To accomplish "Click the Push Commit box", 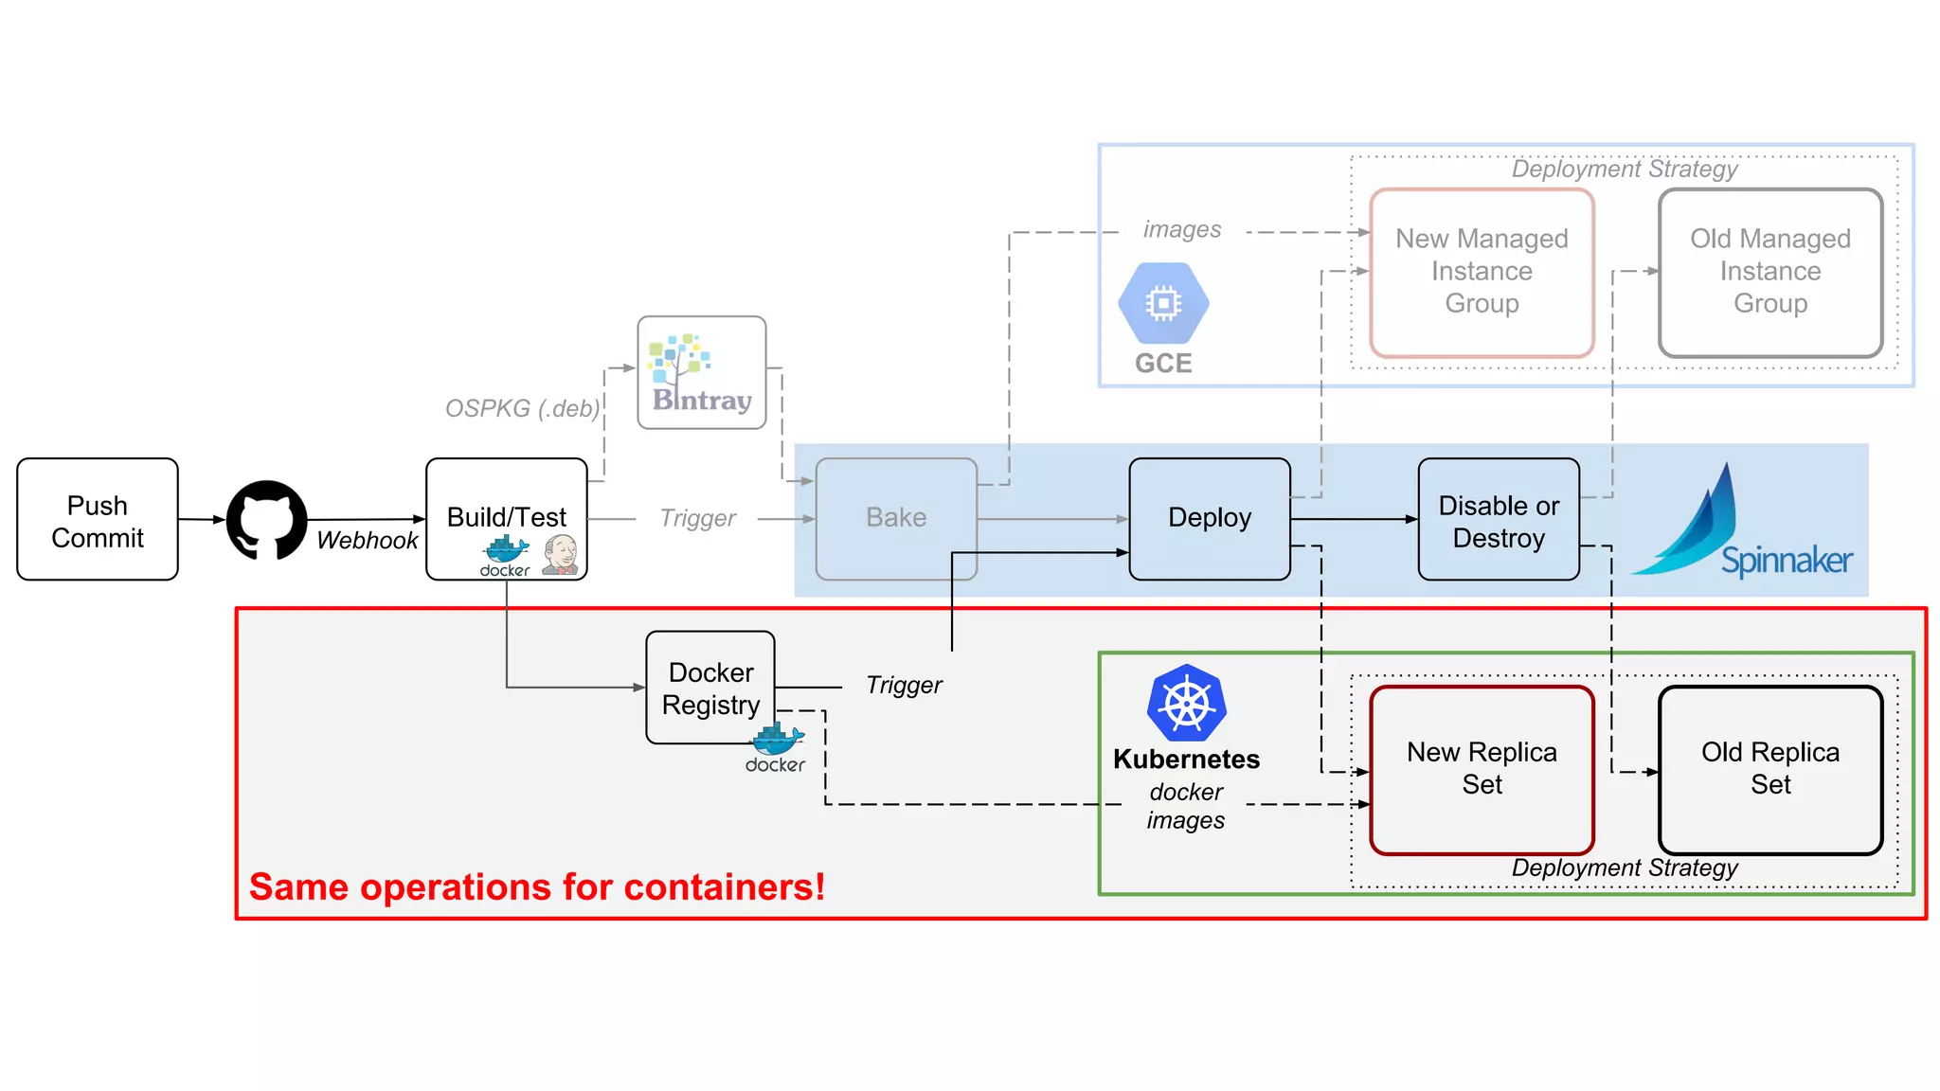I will (98, 520).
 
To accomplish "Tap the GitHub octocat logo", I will (266, 519).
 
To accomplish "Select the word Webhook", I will (368, 541).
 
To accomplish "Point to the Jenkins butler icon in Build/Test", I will (561, 555).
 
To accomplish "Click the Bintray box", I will (702, 373).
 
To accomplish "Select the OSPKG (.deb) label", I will (522, 408).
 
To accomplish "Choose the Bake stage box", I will (896, 518).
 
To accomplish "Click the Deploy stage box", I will (1210, 518).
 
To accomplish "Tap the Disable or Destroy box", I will (1499, 520).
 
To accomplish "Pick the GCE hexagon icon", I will (1163, 304).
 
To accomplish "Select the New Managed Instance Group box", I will (1482, 272).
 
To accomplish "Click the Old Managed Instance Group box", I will (1770, 272).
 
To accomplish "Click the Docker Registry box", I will (710, 688).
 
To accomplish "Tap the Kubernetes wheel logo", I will (1186, 703).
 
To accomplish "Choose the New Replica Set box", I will (1482, 769).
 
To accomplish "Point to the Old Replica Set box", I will (1770, 769).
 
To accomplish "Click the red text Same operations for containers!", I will (537, 887).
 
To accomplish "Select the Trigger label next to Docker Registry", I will (904, 685).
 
